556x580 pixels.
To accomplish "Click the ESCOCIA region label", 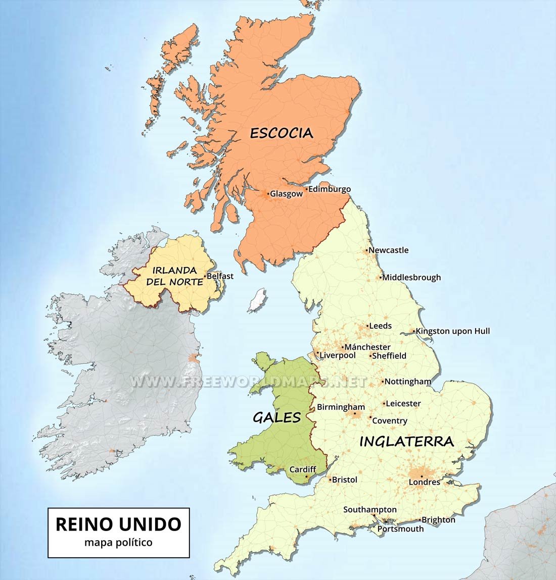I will click(x=282, y=133).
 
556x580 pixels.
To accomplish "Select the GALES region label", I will click(x=276, y=417).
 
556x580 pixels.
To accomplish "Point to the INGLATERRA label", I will click(x=406, y=441).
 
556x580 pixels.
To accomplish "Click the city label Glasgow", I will click(x=286, y=194).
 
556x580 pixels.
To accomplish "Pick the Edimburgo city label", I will click(x=329, y=189).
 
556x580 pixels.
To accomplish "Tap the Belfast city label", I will click(x=220, y=276).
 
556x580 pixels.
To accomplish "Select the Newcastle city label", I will click(x=388, y=250).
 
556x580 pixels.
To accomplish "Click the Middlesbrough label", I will click(x=411, y=277).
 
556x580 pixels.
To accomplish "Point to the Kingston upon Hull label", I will click(x=452, y=331).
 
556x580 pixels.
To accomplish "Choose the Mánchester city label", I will click(x=367, y=347).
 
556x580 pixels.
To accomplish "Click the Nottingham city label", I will click(x=408, y=382).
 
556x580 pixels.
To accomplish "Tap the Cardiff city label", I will click(x=302, y=469).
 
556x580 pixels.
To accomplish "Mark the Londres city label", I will click(x=425, y=482).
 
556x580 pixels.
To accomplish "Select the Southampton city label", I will click(x=370, y=510).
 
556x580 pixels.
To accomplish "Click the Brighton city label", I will click(x=439, y=520).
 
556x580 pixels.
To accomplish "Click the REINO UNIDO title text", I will click(x=118, y=524).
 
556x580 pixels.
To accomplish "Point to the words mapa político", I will click(x=118, y=543).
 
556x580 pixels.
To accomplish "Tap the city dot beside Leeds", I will click(x=367, y=326).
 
